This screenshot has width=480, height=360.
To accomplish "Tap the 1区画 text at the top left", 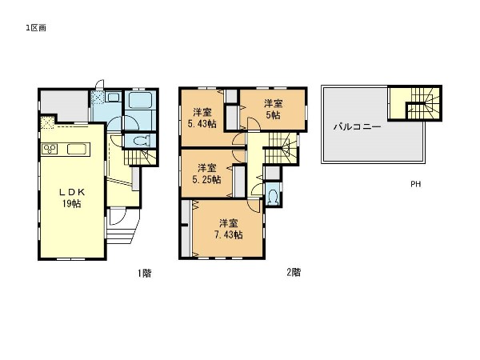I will [x=36, y=27].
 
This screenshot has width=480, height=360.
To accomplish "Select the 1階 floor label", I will [x=144, y=273].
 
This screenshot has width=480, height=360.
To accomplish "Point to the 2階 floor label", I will [x=294, y=273].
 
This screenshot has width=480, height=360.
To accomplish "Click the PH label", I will [x=415, y=184].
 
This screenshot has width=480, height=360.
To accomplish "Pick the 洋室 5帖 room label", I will [x=274, y=109].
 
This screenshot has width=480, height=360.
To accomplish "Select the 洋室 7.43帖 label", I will [x=228, y=228].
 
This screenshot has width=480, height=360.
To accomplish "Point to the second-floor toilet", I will [x=273, y=196].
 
